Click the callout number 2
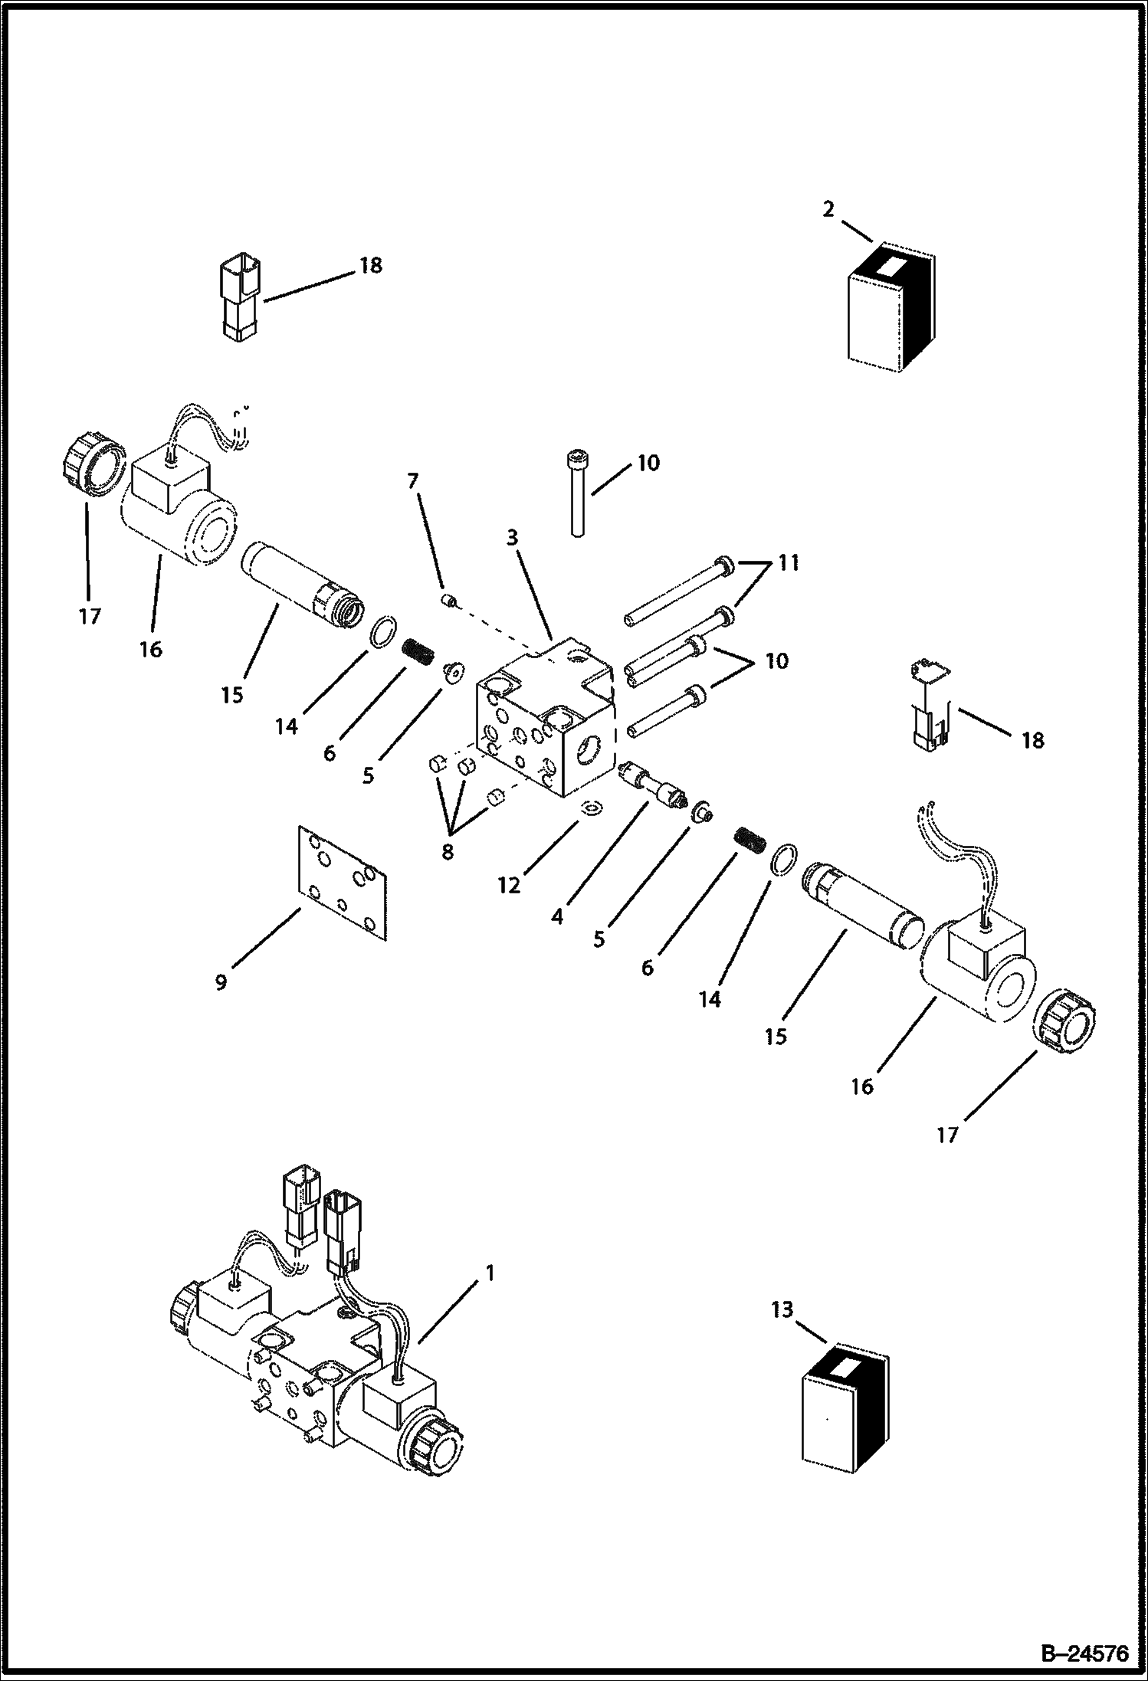coord(828,209)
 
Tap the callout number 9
coord(221,982)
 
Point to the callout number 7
coord(413,481)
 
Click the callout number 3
coord(512,538)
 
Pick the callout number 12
coord(509,886)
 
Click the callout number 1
coord(489,1273)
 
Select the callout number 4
coord(557,916)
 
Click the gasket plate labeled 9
coord(341,883)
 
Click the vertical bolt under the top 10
coord(576,493)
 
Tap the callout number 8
coord(448,851)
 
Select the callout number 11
coord(789,563)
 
